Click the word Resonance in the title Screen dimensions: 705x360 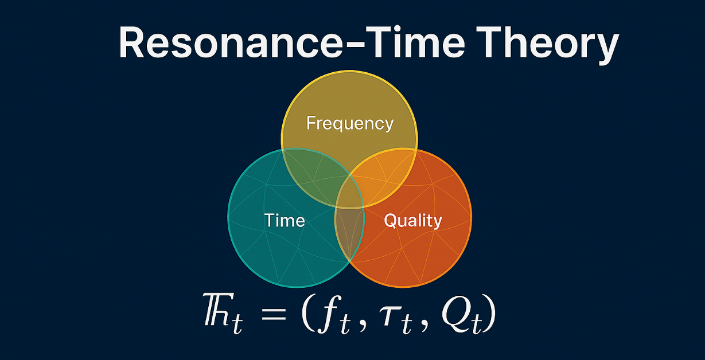point(231,42)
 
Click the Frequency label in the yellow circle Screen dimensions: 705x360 point(350,123)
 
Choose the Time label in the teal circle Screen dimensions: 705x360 point(285,220)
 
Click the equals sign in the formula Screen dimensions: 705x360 point(274,313)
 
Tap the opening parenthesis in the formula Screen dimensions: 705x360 point(308,312)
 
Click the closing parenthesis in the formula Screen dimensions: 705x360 point(490,312)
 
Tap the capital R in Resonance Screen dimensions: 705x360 point(131,42)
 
